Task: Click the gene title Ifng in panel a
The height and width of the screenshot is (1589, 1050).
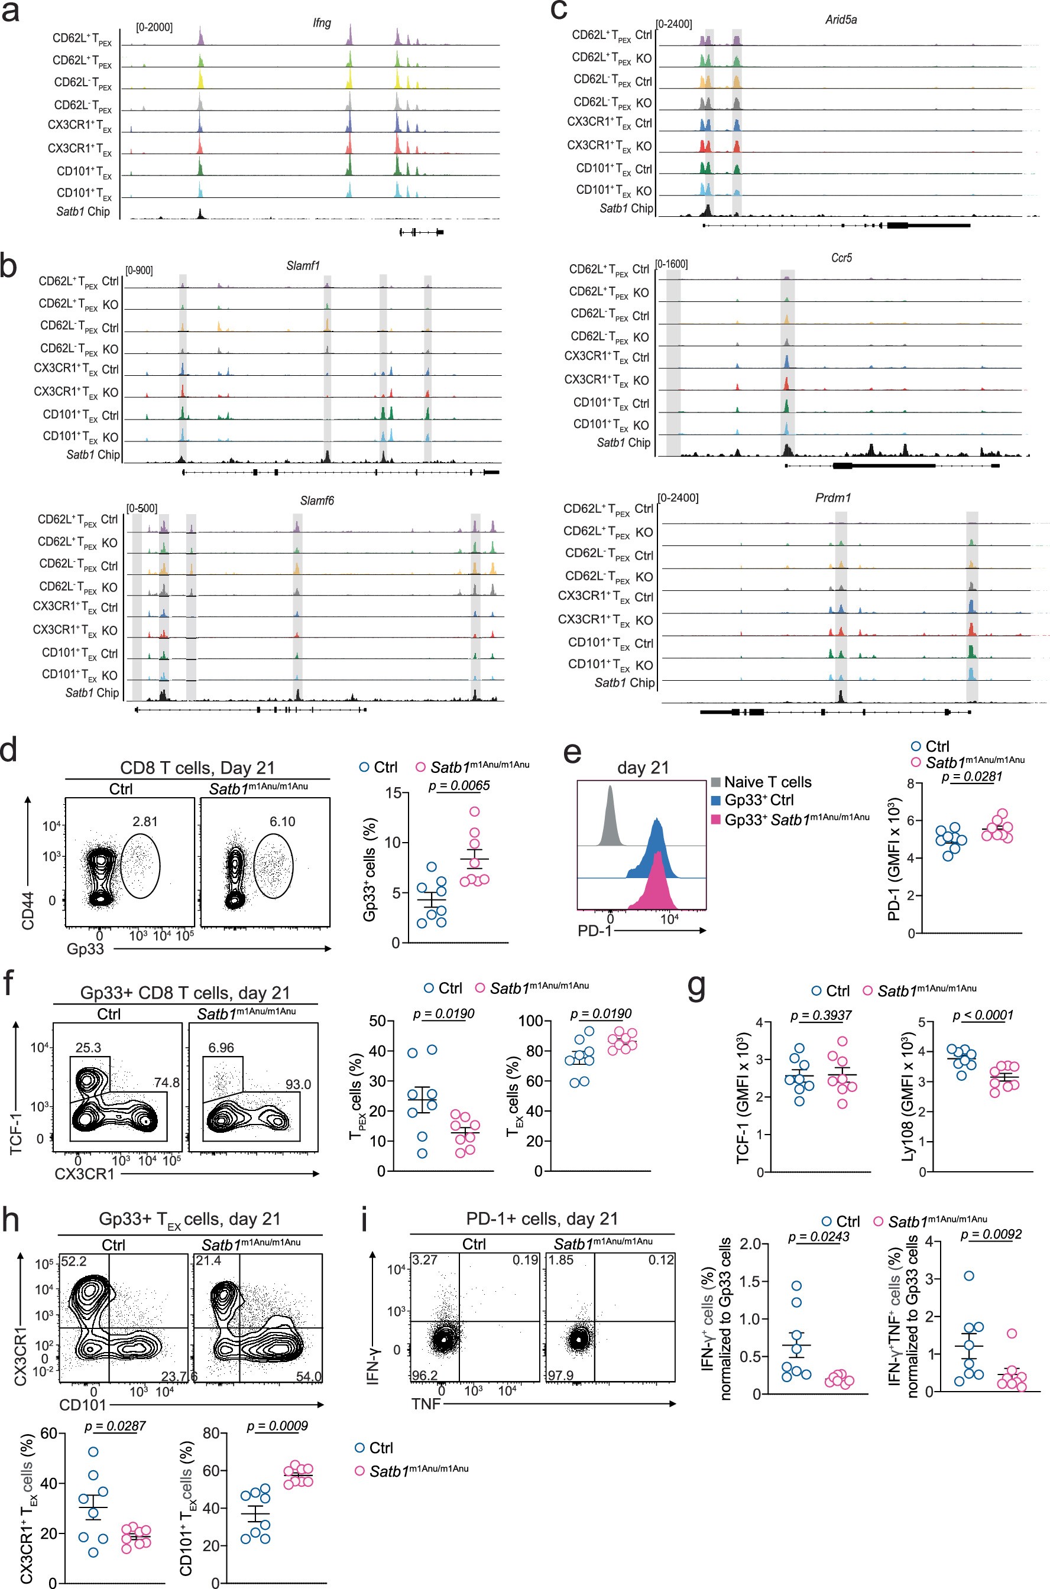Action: click(x=322, y=23)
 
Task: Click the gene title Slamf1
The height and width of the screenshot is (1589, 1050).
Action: click(x=303, y=266)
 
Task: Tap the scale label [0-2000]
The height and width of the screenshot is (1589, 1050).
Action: click(x=154, y=27)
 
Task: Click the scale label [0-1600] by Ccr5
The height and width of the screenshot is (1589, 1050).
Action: click(x=672, y=264)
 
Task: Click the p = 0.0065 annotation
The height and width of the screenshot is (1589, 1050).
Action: click(x=459, y=785)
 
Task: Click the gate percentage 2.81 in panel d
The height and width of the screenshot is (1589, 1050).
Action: click(x=145, y=821)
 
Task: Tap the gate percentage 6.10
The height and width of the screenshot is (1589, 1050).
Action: click(x=282, y=821)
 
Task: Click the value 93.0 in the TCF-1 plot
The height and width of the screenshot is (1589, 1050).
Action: click(x=298, y=1084)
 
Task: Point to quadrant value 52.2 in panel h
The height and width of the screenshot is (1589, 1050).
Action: click(x=74, y=1261)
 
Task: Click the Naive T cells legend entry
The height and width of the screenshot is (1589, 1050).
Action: click(x=767, y=782)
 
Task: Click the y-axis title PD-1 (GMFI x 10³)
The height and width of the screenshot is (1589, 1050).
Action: click(x=894, y=857)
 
